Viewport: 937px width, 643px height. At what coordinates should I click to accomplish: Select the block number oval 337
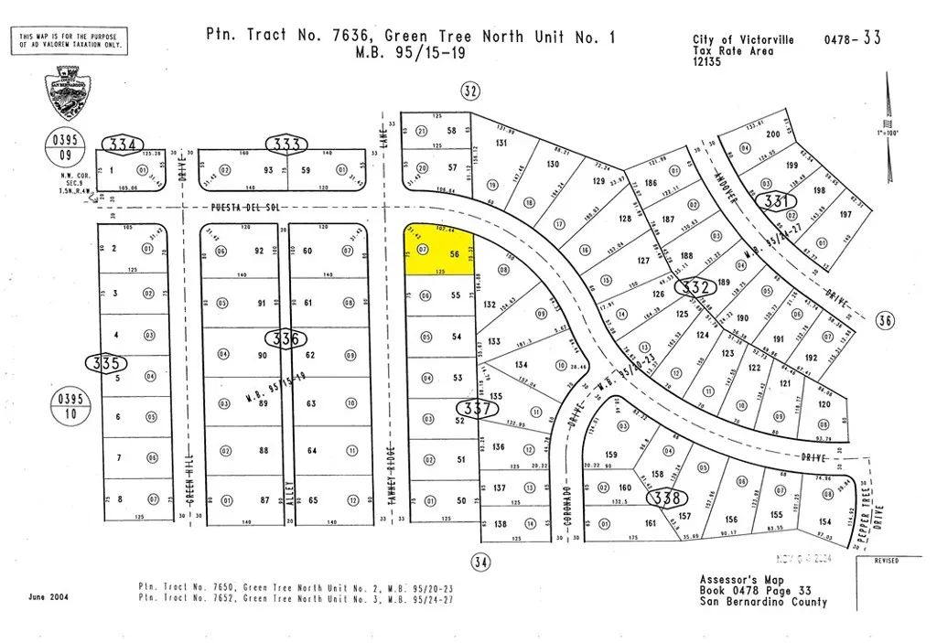click(477, 410)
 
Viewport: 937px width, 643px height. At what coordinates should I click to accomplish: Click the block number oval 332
click(696, 287)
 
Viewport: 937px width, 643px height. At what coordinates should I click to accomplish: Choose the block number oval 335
click(106, 363)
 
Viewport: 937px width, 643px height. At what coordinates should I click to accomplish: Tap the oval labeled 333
click(286, 144)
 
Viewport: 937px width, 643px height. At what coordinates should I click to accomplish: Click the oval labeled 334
click(123, 145)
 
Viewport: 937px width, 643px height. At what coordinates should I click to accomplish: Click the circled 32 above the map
click(470, 90)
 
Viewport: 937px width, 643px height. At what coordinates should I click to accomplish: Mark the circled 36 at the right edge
click(884, 320)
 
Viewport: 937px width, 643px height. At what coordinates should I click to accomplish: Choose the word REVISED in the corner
click(886, 560)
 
